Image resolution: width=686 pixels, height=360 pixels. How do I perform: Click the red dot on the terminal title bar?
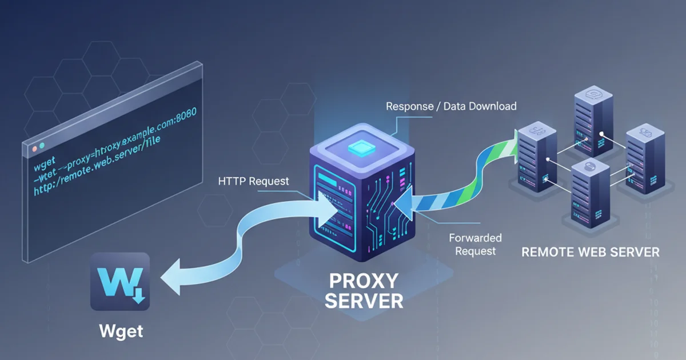[x=34, y=148]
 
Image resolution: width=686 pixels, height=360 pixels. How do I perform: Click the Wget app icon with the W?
[x=119, y=282]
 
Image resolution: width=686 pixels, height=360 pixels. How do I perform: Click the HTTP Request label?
[x=253, y=182]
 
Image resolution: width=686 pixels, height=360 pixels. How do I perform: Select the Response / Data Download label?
[x=451, y=106]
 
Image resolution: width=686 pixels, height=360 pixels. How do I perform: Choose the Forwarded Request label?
[x=474, y=243]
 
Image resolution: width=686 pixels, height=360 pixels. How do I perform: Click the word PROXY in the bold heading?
[x=364, y=281]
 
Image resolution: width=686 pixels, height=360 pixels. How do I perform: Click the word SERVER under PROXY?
[x=364, y=301]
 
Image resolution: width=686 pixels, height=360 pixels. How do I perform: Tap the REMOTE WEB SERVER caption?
[x=591, y=252]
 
